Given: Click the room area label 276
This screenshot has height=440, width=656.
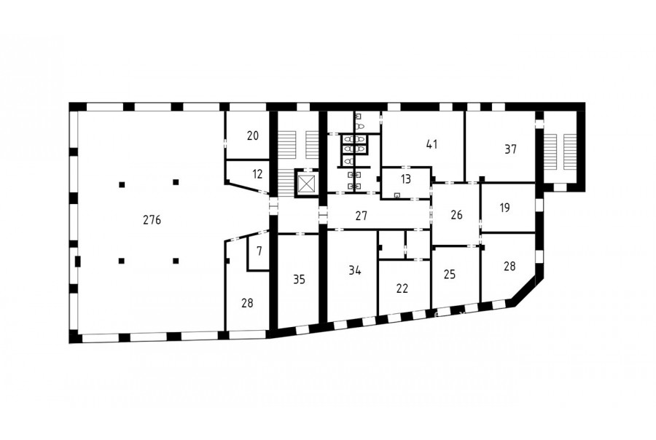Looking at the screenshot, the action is coord(152,220).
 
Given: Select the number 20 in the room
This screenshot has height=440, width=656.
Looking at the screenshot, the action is coord(253,135).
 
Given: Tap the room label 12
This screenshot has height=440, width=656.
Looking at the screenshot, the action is coord(257,173).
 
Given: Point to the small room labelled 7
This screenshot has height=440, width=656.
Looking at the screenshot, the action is coord(259,251).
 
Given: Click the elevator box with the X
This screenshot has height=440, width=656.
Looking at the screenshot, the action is coord(307,183).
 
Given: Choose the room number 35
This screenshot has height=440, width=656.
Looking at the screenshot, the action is coord(299,279).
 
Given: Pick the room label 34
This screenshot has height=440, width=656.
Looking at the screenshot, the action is coord(355,270).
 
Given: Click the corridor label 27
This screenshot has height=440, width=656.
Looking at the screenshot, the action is coord(361,216).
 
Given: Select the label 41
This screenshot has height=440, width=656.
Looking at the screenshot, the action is coord(432,144).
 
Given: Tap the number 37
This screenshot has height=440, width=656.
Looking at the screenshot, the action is coord(510,149).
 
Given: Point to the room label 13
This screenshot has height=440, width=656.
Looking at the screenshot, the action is coord(405,179).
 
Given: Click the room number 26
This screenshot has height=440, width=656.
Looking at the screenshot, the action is coord(456,215).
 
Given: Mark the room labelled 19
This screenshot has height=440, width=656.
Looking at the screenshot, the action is coord(504,208).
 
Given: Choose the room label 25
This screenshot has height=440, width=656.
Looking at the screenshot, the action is coord(449,275).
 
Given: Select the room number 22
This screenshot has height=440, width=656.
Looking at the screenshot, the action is coord(402,288).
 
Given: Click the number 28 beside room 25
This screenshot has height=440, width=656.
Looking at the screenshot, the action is coord(509,266).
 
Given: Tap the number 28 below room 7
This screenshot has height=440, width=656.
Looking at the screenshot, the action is coord(247,303).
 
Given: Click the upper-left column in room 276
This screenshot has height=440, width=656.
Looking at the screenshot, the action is coord(122,184).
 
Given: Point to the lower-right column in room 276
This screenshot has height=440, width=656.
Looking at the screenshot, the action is coord(176,261).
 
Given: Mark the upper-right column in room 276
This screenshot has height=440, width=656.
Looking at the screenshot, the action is coord(176,182).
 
